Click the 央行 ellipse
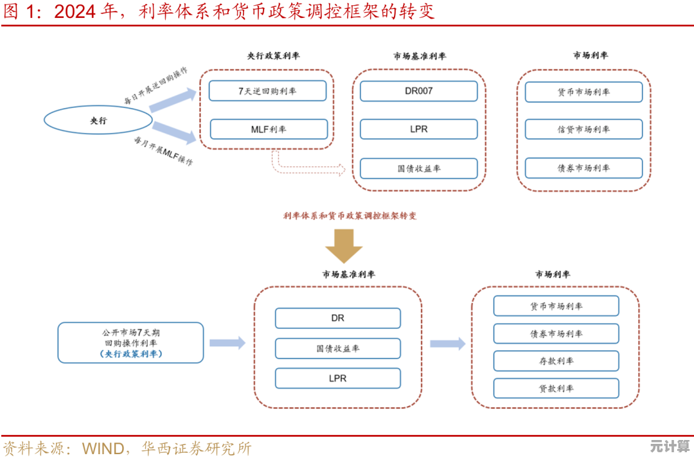pos(98,120)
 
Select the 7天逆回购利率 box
pos(267,91)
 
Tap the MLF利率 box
pos(269,129)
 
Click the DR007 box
pos(418,91)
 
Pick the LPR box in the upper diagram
pos(418,129)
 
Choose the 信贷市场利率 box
pos(583,129)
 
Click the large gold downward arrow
pos(344,245)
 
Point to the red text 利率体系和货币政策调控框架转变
pos(350,216)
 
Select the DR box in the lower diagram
pos(337,318)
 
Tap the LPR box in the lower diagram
pos(337,378)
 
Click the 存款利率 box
pos(556,361)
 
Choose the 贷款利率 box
pos(556,389)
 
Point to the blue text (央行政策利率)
pos(130,354)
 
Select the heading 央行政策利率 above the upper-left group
pos(273,56)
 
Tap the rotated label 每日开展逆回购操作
pos(156,86)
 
